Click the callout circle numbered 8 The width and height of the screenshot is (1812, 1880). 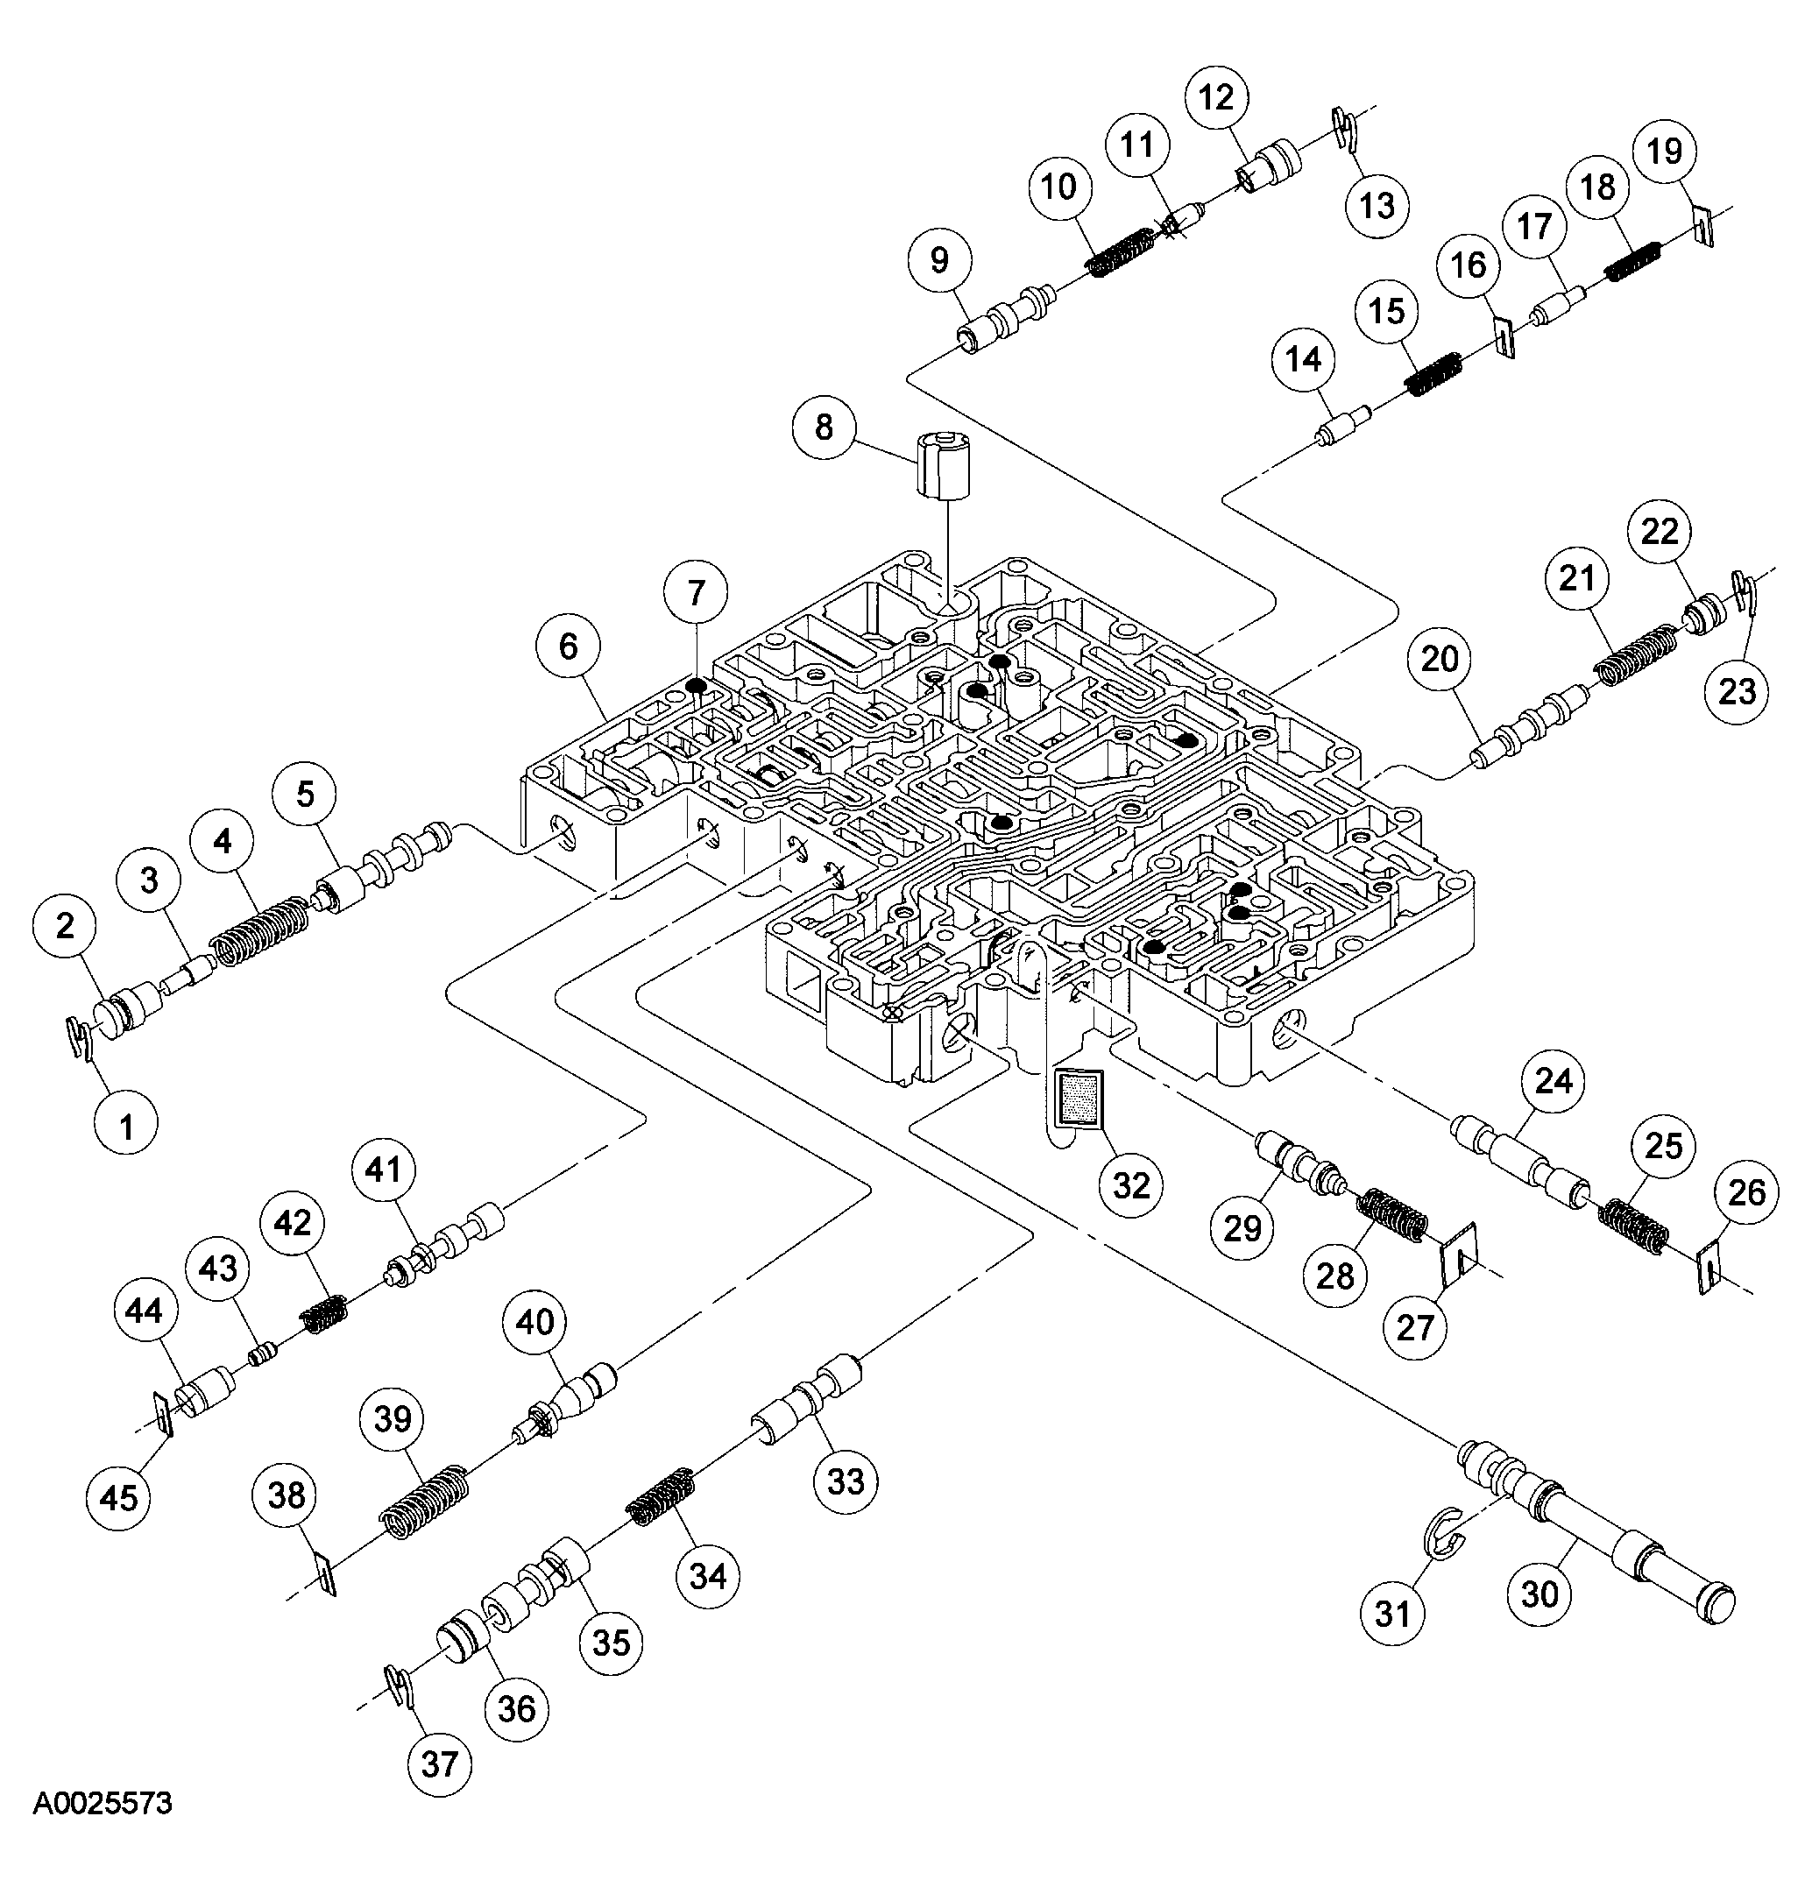pos(824,427)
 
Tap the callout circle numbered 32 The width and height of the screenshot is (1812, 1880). pos(1131,1186)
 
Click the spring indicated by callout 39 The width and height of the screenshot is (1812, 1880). pos(426,1498)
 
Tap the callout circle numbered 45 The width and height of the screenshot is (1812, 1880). pos(119,1497)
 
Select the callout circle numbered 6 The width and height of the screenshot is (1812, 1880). pos(568,647)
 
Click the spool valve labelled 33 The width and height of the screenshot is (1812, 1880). pos(805,1402)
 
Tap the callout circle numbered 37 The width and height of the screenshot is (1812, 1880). pos(439,1763)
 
